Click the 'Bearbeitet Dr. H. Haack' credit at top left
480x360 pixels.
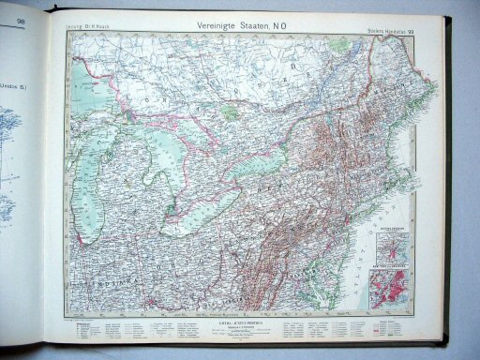click(88, 21)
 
